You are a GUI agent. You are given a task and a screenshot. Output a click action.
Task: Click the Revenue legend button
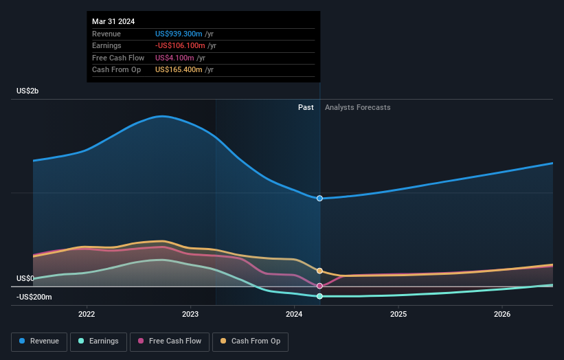click(x=40, y=341)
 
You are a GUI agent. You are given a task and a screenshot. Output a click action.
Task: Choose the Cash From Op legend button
click(x=251, y=341)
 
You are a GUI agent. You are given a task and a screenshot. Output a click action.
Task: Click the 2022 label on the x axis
click(x=87, y=315)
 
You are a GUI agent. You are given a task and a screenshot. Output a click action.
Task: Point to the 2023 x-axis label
click(x=190, y=315)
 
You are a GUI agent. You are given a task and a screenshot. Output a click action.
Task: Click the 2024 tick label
click(x=294, y=315)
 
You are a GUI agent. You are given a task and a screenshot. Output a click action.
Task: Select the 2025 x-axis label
click(x=398, y=315)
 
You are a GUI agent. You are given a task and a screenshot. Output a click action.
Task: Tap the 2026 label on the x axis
click(x=502, y=315)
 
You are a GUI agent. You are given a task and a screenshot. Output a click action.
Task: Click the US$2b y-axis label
click(x=28, y=91)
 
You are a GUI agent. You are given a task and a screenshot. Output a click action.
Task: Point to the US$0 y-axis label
click(x=25, y=278)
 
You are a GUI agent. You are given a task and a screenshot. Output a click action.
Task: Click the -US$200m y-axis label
click(x=34, y=297)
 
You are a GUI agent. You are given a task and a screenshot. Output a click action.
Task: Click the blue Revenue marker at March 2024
click(x=319, y=198)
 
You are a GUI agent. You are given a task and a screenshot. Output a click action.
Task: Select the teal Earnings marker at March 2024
click(x=319, y=296)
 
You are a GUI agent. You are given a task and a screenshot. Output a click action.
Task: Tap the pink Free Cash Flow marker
click(x=319, y=286)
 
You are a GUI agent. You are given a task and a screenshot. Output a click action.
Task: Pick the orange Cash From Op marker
click(x=319, y=271)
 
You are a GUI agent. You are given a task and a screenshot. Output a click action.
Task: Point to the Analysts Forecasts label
click(x=357, y=107)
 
